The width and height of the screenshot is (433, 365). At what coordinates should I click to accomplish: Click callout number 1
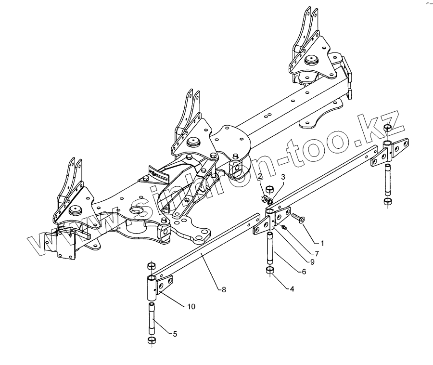(x=322, y=244)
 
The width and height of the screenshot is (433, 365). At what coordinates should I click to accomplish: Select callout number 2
(x=259, y=177)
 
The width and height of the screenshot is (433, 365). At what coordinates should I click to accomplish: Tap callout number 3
(x=283, y=177)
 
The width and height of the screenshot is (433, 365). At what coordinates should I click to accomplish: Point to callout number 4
(x=292, y=289)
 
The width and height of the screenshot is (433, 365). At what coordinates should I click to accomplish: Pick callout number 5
(x=174, y=333)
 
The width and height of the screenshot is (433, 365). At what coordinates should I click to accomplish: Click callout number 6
(x=304, y=271)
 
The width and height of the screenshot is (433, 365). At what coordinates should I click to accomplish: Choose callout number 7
(x=317, y=253)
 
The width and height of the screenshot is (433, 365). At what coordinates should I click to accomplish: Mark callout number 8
(x=223, y=289)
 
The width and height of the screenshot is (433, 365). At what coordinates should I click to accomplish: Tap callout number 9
(x=312, y=262)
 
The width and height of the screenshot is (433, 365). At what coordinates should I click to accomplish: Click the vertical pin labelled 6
(x=270, y=246)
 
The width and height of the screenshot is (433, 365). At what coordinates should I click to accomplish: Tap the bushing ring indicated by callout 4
(x=270, y=270)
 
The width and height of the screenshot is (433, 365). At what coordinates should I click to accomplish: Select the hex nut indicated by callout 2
(x=263, y=198)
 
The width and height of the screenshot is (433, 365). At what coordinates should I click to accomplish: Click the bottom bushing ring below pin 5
(x=151, y=341)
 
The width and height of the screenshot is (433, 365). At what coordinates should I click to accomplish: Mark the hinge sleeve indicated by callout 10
(x=151, y=287)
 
